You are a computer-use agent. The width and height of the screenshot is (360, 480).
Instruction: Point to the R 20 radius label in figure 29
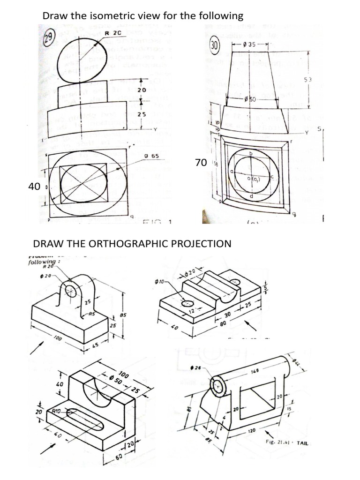click(113, 33)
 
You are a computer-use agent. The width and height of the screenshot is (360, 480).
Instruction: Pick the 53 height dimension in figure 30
click(308, 81)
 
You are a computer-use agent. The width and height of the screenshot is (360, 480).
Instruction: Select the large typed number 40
click(34, 187)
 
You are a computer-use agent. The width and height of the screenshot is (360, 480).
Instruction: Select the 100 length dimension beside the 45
click(58, 337)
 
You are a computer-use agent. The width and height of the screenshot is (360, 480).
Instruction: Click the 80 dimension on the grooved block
click(223, 323)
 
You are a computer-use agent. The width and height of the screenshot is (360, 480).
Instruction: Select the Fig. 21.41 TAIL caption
click(287, 442)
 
